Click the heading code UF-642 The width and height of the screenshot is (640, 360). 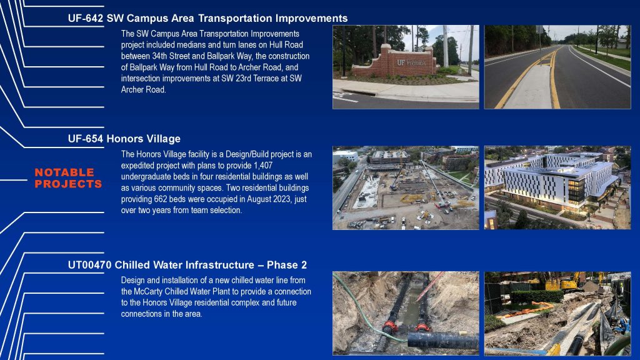tap(86, 18)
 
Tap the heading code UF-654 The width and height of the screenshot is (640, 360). tap(86, 139)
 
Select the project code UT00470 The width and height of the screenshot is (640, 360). tap(90, 265)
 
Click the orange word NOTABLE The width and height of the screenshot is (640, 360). tap(64, 172)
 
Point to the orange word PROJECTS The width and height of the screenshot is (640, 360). tap(69, 184)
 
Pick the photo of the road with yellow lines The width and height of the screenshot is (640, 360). tap(557, 67)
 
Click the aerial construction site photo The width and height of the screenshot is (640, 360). tap(406, 187)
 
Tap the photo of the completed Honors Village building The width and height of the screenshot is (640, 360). tap(557, 187)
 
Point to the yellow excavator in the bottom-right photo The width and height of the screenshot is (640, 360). tap(563, 282)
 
